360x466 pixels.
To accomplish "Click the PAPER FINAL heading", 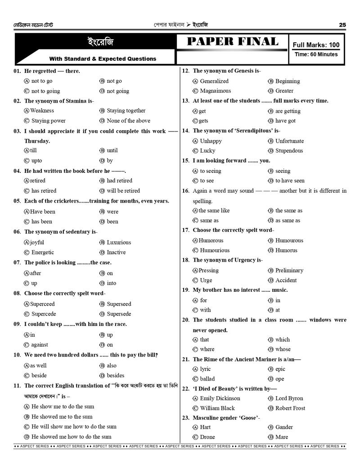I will [x=232, y=42].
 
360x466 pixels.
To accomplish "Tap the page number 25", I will [x=342, y=25].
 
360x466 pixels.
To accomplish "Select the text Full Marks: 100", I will [x=316, y=45].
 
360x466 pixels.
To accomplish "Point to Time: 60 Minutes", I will [x=316, y=54].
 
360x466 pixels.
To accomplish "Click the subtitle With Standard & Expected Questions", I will [x=103, y=59].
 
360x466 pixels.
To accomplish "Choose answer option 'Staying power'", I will [x=48, y=121].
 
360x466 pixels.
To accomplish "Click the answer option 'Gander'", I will [x=284, y=427].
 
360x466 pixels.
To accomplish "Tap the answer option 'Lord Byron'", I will [x=289, y=398].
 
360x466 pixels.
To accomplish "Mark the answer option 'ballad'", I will [x=207, y=379].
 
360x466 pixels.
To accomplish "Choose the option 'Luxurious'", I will [x=119, y=242].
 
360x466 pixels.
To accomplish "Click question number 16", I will [x=185, y=191].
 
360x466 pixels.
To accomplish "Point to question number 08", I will [x=17, y=294].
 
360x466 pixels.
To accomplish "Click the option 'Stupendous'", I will [x=289, y=151].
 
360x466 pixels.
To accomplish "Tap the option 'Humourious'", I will [x=215, y=250].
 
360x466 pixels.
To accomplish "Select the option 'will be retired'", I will [x=123, y=191].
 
